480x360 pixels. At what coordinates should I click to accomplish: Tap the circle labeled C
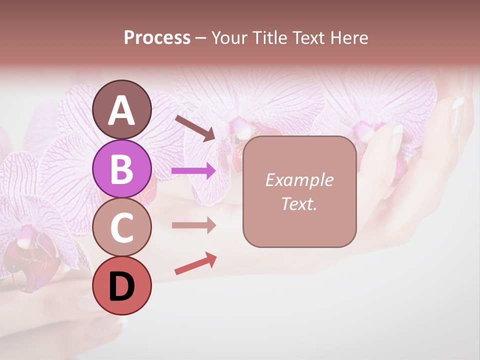click(122, 226)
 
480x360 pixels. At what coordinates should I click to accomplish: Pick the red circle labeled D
click(122, 285)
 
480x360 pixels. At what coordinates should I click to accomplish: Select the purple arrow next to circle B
click(194, 171)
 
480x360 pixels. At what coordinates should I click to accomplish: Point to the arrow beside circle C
click(194, 225)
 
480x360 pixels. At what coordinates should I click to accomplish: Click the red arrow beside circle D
click(195, 264)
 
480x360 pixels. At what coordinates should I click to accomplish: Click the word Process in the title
click(157, 37)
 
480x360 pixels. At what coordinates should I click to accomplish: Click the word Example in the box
click(299, 180)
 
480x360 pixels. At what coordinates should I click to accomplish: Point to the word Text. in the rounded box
click(299, 203)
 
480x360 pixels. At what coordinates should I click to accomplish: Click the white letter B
click(122, 168)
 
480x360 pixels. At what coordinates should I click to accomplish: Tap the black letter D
click(122, 286)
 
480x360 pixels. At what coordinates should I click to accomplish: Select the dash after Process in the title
click(200, 38)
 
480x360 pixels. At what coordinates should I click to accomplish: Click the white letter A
click(122, 110)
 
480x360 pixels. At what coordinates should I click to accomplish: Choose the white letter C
click(122, 227)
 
